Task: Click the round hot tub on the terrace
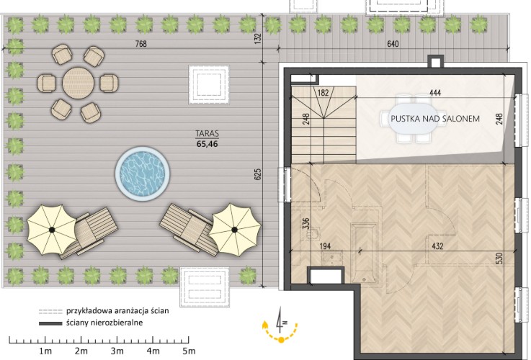pos(142,174)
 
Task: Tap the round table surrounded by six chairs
pos(79,83)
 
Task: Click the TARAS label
pos(207,133)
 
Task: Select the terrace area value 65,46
pos(207,144)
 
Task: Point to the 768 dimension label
pos(141,44)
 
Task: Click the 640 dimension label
pos(393,44)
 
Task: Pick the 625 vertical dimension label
pos(258,174)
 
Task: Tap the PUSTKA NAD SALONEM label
pos(435,119)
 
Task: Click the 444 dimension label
pos(435,92)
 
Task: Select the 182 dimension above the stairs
pos(323,92)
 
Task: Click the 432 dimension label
pos(437,246)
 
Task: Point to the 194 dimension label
pos(325,246)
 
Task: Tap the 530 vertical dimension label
pos(499,258)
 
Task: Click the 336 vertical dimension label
pos(305,224)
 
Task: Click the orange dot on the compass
pos(281,340)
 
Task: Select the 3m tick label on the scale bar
pos(117,351)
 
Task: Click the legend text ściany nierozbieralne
pos(104,323)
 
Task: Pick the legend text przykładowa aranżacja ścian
pos(117,310)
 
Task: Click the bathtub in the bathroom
pos(364,253)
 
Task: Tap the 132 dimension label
pos(258,39)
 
